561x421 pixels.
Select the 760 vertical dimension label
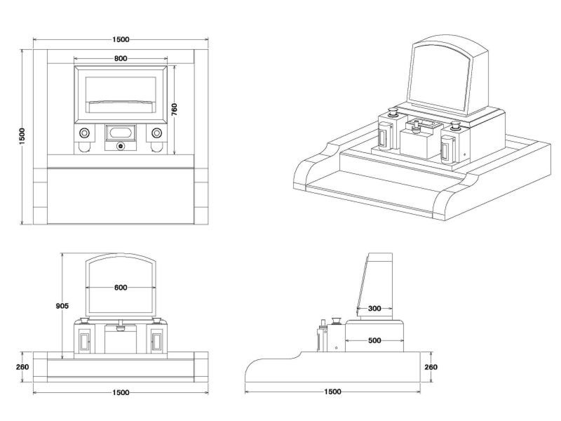click(174, 109)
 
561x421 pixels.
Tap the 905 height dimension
click(62, 306)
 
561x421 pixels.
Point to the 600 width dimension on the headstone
click(120, 287)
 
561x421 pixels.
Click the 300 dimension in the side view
click(374, 308)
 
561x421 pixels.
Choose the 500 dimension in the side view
click(374, 340)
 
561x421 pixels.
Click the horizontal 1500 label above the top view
click(120, 40)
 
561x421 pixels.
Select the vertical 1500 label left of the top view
click(22, 136)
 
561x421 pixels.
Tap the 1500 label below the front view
click(120, 392)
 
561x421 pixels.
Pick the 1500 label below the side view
click(333, 392)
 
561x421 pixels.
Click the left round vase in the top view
click(84, 133)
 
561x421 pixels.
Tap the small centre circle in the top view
click(120, 147)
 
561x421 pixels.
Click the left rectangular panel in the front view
click(84, 342)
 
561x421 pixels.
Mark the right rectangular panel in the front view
click(156, 342)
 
